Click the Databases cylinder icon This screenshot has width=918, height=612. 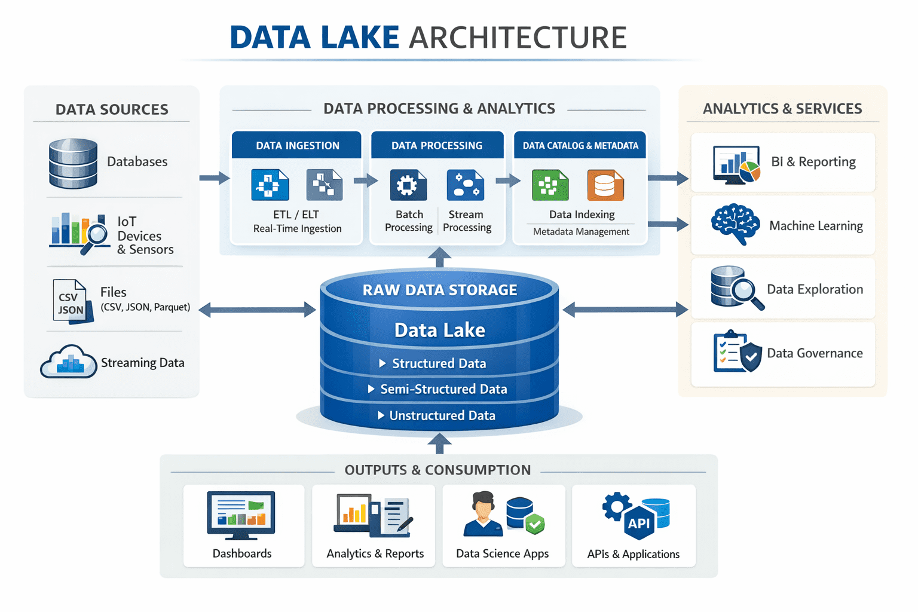click(73, 163)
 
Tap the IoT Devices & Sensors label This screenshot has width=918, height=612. click(145, 235)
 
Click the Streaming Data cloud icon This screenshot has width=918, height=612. click(69, 362)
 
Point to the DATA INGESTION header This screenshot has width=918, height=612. click(297, 145)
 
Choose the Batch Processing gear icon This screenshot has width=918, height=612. click(408, 185)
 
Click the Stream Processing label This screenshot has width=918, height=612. click(467, 221)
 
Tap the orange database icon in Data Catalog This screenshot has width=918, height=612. click(605, 185)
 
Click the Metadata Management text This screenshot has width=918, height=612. click(581, 232)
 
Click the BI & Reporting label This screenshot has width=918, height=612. click(813, 162)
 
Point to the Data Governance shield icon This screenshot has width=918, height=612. click(751, 357)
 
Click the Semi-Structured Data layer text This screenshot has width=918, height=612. click(443, 389)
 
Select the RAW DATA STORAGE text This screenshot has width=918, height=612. click(440, 290)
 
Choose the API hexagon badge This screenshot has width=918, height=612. click(638, 524)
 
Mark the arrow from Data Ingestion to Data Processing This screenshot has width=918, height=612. click(366, 180)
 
